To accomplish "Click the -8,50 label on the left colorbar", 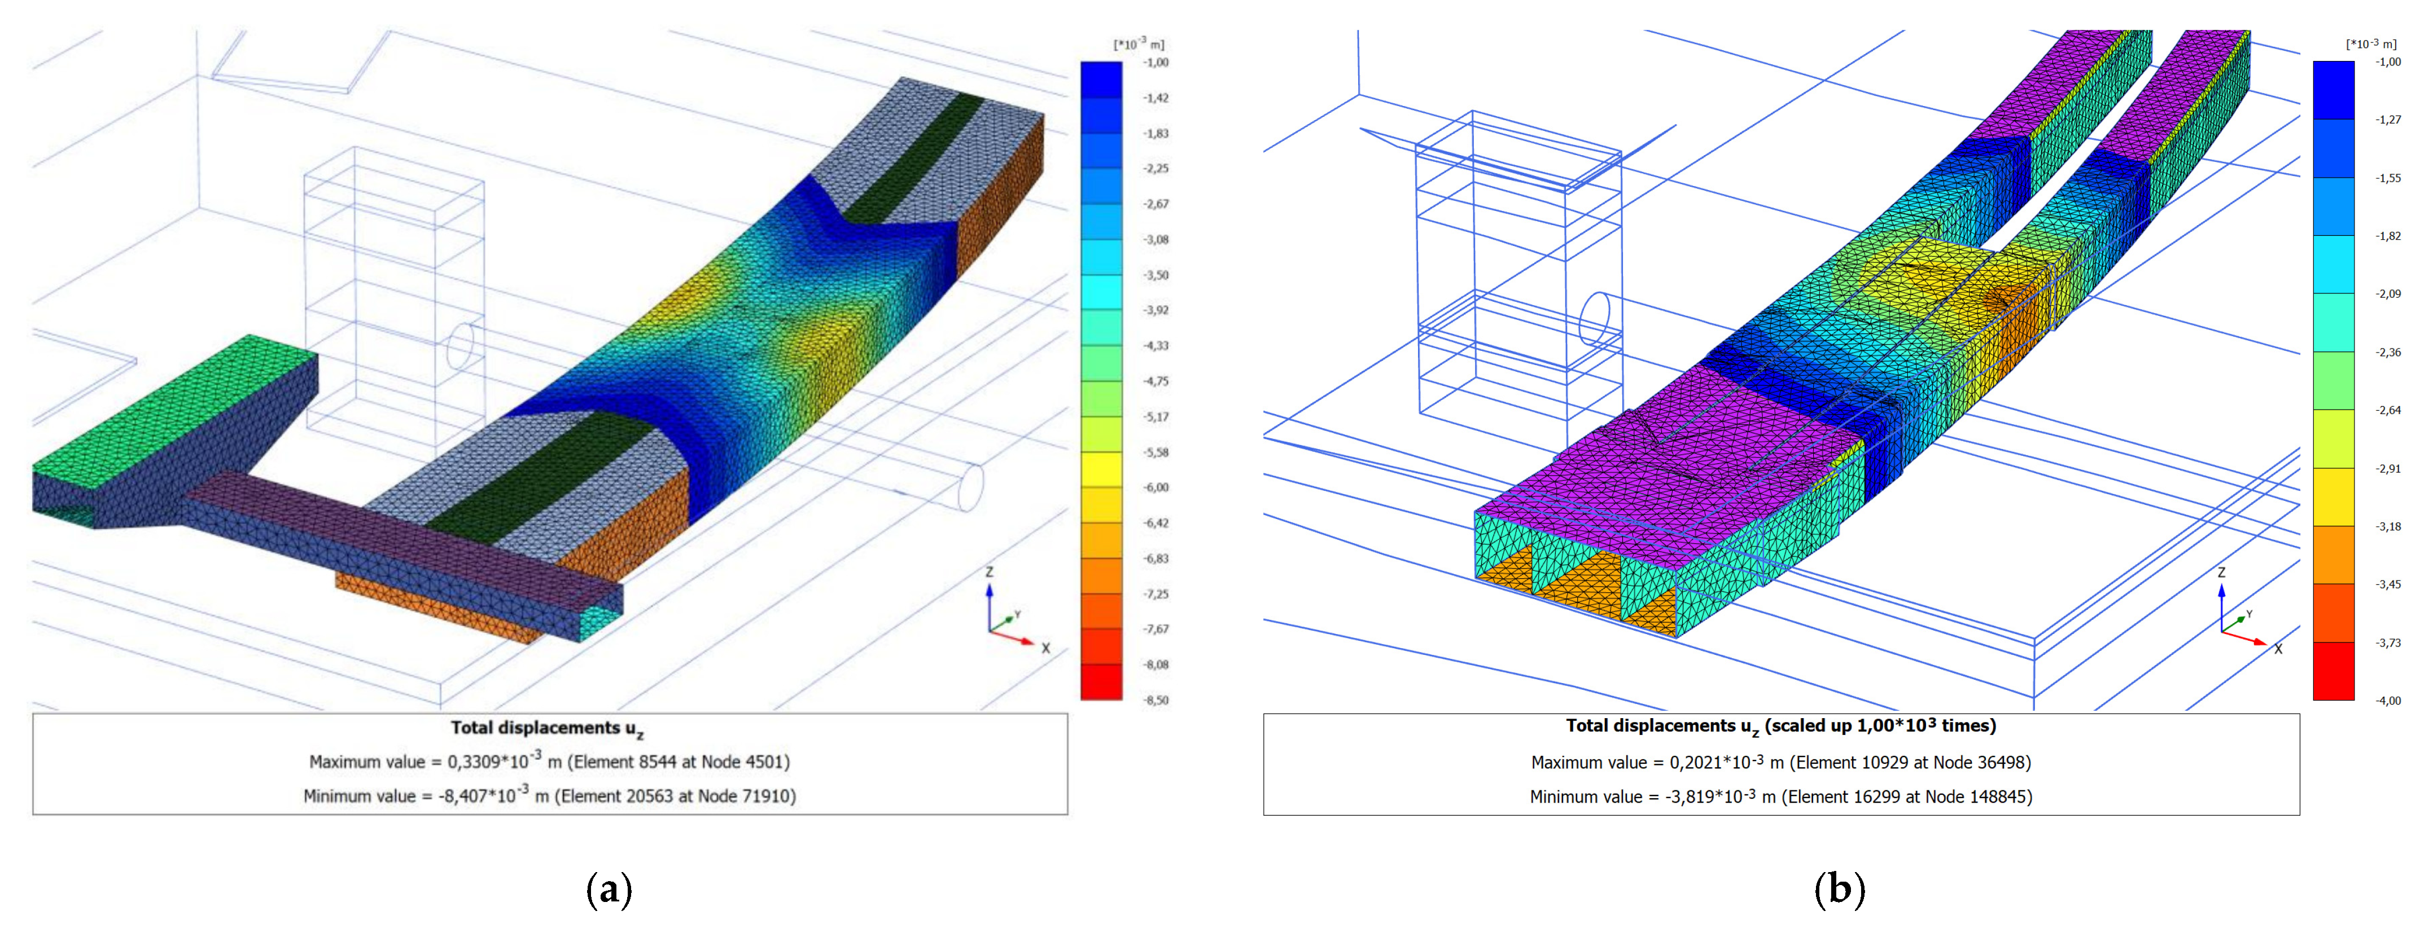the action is pyautogui.click(x=1156, y=700).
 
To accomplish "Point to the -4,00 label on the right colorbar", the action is pyautogui.click(x=2388, y=700).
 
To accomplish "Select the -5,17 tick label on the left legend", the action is pyautogui.click(x=1156, y=416).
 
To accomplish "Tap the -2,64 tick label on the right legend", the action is pyautogui.click(x=2388, y=410).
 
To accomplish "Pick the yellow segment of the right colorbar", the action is pyautogui.click(x=2334, y=496).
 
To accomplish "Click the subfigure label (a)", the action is pyautogui.click(x=609, y=888).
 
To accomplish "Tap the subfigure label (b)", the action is pyautogui.click(x=1840, y=888).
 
